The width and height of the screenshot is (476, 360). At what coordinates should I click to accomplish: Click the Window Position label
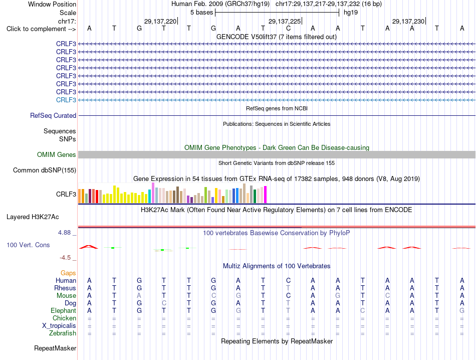click(52, 4)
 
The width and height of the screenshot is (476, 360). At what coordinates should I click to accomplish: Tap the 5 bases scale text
click(201, 13)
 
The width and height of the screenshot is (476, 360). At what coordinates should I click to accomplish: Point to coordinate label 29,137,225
click(285, 21)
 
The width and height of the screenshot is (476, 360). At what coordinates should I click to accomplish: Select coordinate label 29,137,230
click(408, 21)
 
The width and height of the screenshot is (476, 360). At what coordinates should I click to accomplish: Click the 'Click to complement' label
click(41, 29)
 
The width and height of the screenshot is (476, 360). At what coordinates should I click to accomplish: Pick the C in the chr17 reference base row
click(288, 28)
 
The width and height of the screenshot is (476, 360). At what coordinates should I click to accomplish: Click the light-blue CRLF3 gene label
click(66, 100)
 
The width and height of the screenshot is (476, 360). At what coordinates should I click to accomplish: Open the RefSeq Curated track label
click(53, 115)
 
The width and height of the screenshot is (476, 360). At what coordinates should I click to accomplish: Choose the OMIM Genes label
click(57, 154)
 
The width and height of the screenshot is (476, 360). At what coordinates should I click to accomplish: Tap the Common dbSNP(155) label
click(45, 170)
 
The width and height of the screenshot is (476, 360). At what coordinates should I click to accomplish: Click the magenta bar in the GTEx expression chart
click(266, 195)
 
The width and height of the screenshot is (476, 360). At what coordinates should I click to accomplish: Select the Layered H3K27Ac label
click(33, 217)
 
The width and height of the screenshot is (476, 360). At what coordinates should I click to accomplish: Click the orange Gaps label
click(68, 273)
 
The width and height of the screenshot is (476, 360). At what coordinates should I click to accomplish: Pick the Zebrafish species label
click(63, 333)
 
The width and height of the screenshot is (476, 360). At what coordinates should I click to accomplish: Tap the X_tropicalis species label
click(59, 326)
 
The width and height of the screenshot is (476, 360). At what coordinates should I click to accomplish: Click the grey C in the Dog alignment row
click(164, 303)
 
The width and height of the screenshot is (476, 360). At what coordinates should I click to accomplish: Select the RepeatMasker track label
click(55, 348)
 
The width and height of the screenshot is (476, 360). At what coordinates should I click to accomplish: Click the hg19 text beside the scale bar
click(351, 13)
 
